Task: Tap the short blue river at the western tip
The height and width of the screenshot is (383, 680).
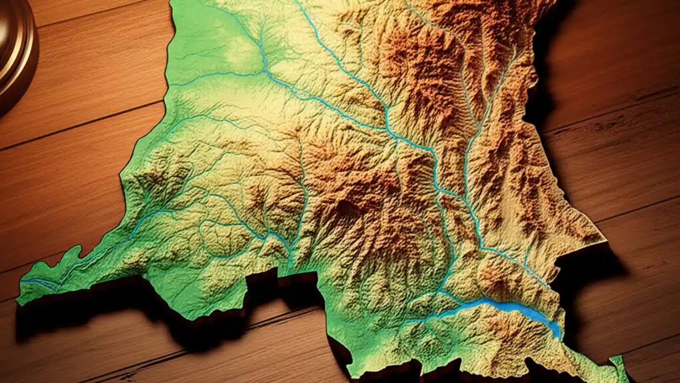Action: click(x=40, y=282)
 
